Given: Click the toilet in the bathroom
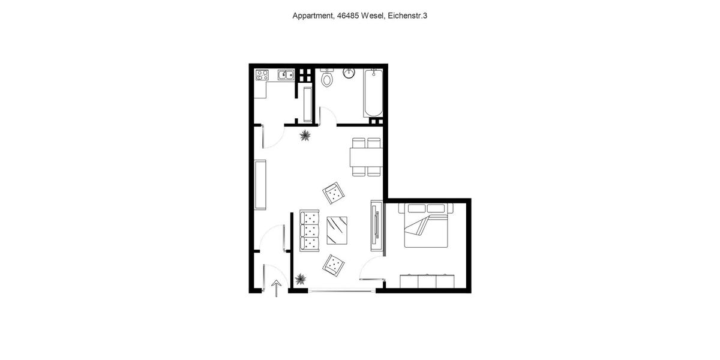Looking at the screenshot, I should pyautogui.click(x=328, y=78).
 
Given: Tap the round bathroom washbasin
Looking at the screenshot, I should pyautogui.click(x=350, y=73).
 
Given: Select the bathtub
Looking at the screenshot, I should pyautogui.click(x=373, y=94).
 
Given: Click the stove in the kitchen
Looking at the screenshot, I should pyautogui.click(x=262, y=75).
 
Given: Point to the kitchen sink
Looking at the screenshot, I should pyautogui.click(x=285, y=75).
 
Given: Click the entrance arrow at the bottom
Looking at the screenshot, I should pyautogui.click(x=276, y=288).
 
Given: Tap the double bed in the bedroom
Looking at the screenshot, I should pyautogui.click(x=427, y=226).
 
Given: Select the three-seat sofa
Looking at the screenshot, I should pyautogui.click(x=310, y=230).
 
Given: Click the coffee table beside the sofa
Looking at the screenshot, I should pyautogui.click(x=337, y=230).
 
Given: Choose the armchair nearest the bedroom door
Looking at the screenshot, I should pyautogui.click(x=334, y=264).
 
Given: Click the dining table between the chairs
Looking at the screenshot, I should pyautogui.click(x=365, y=157).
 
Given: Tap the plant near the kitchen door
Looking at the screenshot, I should pyautogui.click(x=305, y=135).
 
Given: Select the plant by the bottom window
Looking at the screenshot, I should pyautogui.click(x=301, y=279).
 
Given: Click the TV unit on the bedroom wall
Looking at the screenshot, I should pyautogui.click(x=376, y=225).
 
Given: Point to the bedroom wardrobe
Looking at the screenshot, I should pyautogui.click(x=427, y=281).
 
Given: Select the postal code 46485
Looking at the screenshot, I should pyautogui.click(x=348, y=16).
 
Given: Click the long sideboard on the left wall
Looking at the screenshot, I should pyautogui.click(x=260, y=184).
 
